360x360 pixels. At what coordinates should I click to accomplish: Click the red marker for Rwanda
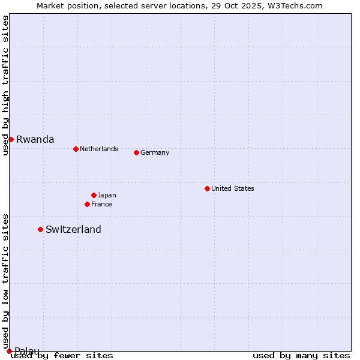11,139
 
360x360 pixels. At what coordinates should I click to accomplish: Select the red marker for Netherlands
76,149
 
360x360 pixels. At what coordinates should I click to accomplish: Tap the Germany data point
136,152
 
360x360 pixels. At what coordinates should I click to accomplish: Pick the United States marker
207,188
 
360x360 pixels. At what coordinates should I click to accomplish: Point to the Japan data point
94,195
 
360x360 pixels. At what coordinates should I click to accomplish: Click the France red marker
87,204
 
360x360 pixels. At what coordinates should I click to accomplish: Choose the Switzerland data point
40,229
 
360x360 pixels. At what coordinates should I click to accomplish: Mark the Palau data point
9,351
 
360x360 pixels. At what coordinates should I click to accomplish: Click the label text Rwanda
35,139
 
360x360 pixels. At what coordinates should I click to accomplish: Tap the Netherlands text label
99,149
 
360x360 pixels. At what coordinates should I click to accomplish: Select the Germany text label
155,152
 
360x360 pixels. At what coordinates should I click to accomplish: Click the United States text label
233,188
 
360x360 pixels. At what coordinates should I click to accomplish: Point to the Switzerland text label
73,229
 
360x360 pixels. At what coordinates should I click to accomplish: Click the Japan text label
107,195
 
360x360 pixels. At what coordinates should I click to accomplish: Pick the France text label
101,204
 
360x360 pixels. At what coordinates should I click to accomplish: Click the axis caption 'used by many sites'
301,355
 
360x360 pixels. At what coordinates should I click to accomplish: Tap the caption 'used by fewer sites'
62,355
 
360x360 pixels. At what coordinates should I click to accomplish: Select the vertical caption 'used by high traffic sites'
5,85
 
